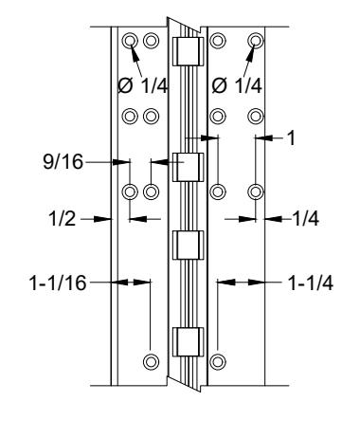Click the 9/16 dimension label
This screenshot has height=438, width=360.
click(63, 162)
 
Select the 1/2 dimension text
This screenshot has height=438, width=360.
click(63, 218)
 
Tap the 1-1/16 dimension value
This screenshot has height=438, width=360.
click(58, 283)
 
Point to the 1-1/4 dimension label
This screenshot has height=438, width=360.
click(311, 283)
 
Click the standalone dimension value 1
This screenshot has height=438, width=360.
click(291, 138)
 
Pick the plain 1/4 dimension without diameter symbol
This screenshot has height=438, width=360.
click(305, 218)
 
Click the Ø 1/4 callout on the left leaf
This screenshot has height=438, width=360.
click(143, 85)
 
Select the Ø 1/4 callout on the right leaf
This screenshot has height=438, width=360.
click(237, 85)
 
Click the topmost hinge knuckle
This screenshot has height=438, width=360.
click(188, 51)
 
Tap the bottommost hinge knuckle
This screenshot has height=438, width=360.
click(188, 342)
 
